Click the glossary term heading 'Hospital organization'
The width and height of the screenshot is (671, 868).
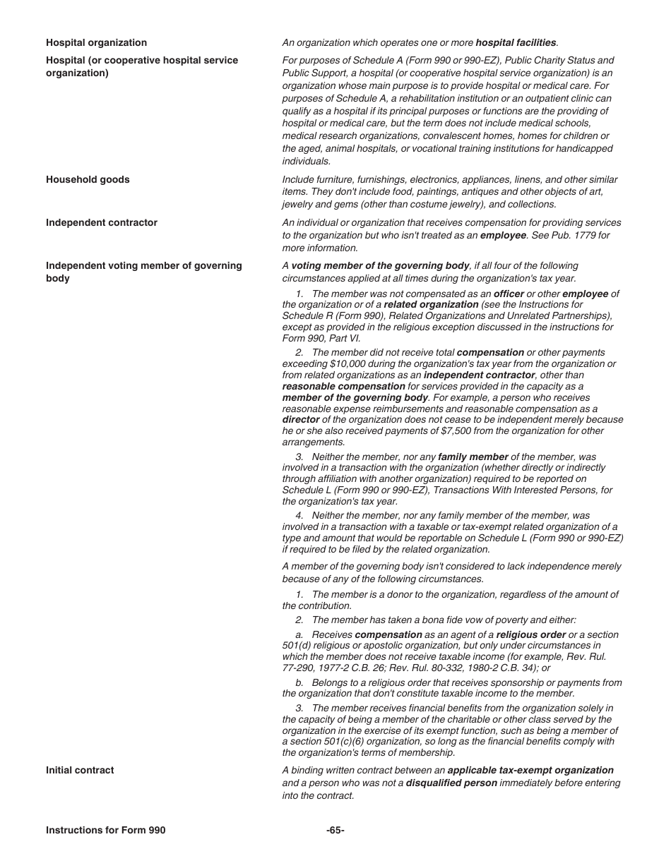[x=96, y=43]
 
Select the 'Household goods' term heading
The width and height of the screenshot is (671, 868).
[x=88, y=180]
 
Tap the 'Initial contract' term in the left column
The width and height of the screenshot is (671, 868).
[x=80, y=771]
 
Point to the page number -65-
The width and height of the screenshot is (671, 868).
[x=335, y=831]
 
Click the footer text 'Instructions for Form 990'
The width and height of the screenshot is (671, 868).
[x=105, y=831]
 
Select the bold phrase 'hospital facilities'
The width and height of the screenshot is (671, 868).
[x=516, y=43]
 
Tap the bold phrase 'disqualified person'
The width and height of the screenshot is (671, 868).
[x=451, y=783]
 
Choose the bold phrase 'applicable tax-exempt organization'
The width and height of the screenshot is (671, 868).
[x=530, y=771]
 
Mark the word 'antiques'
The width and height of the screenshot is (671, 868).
[x=444, y=192]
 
